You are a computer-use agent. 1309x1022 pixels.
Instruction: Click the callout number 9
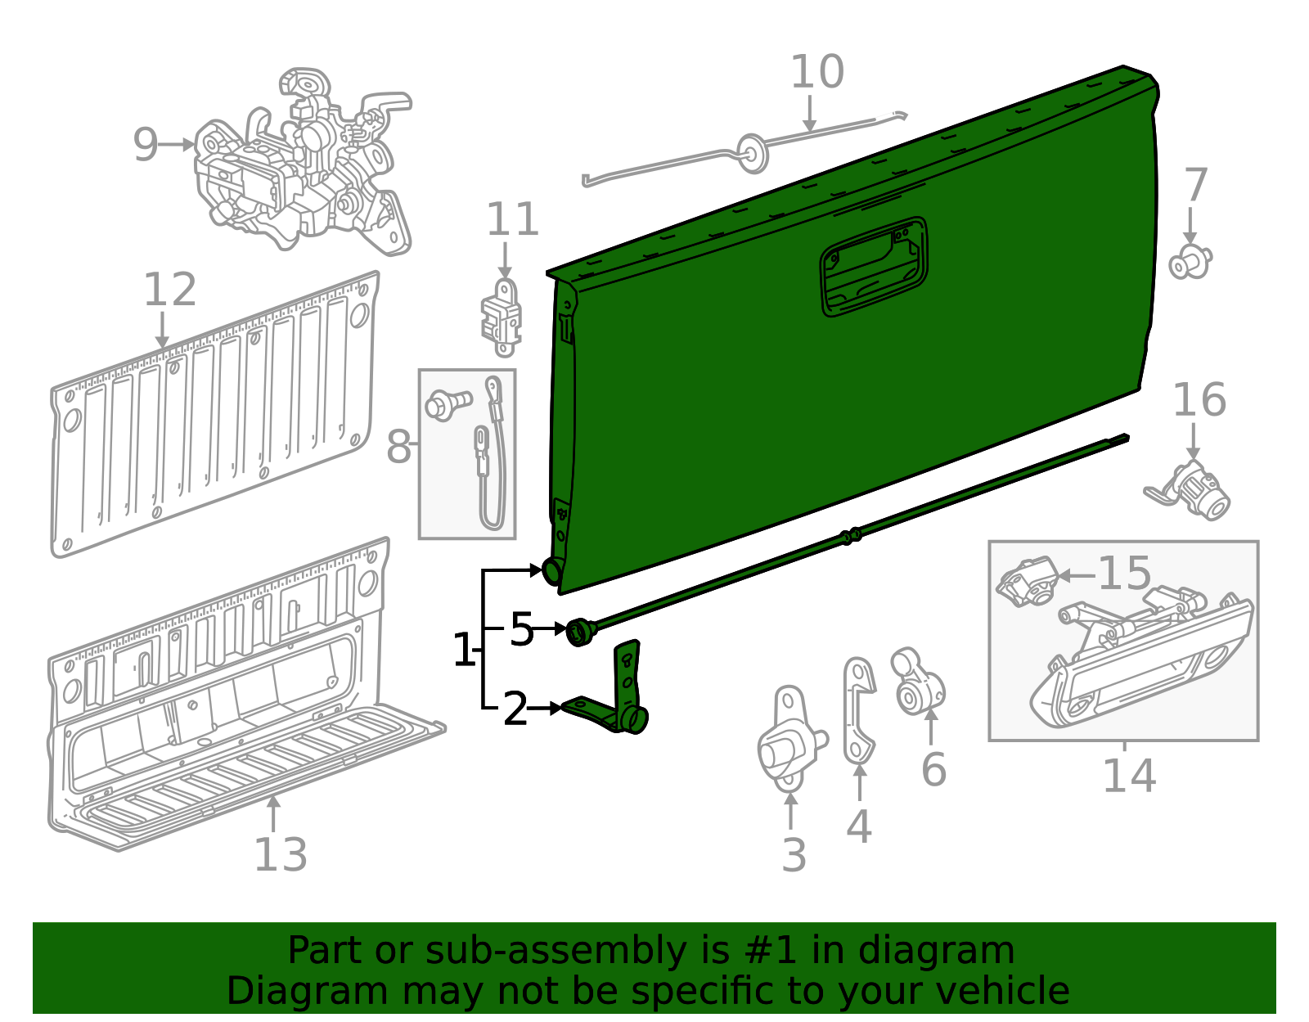pyautogui.click(x=145, y=145)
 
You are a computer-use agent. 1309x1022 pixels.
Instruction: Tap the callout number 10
pyautogui.click(x=816, y=72)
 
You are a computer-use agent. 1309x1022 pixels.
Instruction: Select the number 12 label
pyautogui.click(x=170, y=290)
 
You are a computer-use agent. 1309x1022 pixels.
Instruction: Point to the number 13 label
pyautogui.click(x=281, y=854)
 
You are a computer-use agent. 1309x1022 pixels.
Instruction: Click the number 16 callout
pyautogui.click(x=1199, y=400)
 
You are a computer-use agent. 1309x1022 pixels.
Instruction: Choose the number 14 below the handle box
pyautogui.click(x=1130, y=776)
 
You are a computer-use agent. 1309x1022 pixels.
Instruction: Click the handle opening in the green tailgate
pyautogui.click(x=874, y=266)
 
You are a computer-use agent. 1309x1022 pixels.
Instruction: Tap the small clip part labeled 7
pyautogui.click(x=1190, y=263)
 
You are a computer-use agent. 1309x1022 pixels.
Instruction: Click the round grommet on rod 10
pyautogui.click(x=753, y=153)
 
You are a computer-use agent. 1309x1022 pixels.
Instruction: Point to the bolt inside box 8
pyautogui.click(x=448, y=404)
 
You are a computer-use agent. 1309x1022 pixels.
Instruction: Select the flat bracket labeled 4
pyautogui.click(x=858, y=710)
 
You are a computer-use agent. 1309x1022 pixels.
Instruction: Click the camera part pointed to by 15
pyautogui.click(x=1027, y=581)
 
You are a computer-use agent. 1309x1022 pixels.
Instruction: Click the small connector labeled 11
pyautogui.click(x=502, y=317)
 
